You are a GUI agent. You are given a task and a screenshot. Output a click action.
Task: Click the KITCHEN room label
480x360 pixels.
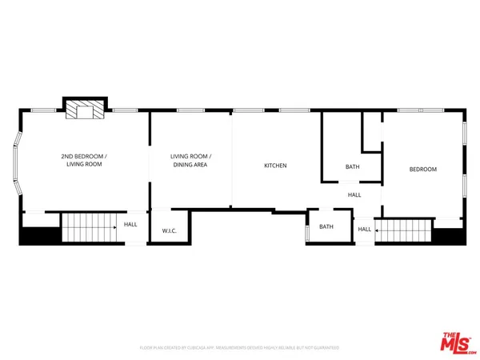click(x=275, y=166)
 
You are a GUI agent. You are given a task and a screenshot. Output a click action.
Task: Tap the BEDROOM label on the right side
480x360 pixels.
click(x=423, y=169)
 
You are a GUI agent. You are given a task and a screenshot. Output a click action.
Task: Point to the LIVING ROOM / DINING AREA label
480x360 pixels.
click(x=190, y=160)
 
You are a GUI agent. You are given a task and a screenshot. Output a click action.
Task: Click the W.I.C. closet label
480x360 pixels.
click(x=169, y=231)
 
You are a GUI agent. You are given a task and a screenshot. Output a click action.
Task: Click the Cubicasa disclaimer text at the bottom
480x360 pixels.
click(x=239, y=348)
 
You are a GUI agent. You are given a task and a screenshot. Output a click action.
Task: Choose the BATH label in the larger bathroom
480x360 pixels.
click(x=353, y=167)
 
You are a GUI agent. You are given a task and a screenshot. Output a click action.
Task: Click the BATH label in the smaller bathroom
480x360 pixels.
click(x=326, y=226)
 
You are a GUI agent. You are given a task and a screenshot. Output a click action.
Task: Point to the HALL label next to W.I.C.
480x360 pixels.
click(x=130, y=225)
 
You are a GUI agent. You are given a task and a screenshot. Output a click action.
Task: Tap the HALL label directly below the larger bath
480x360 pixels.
click(x=354, y=194)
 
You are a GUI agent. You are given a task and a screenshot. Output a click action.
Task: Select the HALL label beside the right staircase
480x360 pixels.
click(x=364, y=230)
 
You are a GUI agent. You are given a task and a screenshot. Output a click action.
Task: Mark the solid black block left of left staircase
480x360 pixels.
click(x=39, y=235)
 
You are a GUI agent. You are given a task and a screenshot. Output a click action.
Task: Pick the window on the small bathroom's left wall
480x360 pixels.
click(x=307, y=234)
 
